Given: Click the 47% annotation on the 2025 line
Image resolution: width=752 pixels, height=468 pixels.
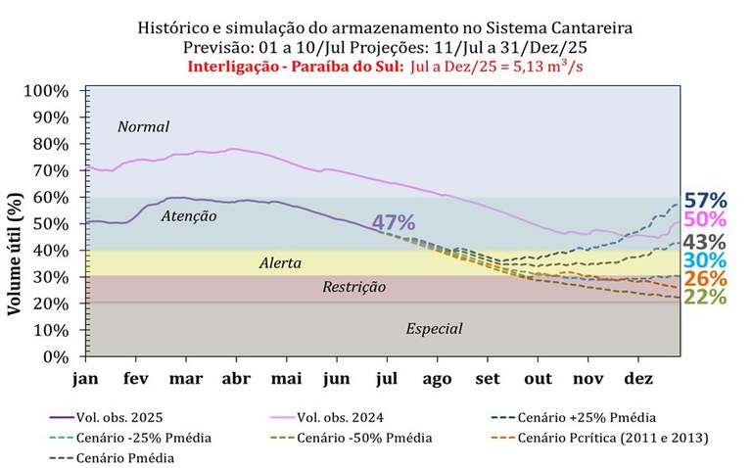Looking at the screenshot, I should point(394,223).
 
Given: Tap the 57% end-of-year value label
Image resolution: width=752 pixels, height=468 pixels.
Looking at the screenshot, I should point(704,201).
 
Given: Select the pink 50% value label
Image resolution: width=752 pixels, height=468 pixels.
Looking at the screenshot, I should point(704,219).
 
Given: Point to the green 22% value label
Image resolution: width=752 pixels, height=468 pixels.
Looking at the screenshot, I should point(704,296).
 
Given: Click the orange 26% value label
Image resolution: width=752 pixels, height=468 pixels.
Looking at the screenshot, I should point(704,278).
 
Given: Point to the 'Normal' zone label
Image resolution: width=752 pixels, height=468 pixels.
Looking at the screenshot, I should point(144,127).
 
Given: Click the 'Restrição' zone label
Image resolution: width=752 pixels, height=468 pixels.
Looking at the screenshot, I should point(353,288).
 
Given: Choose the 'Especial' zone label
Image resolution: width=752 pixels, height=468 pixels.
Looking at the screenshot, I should point(434,329).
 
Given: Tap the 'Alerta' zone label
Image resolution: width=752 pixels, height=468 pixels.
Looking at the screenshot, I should point(279,264).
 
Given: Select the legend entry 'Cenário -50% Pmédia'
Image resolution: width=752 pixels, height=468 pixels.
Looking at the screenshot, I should point(365,438).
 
